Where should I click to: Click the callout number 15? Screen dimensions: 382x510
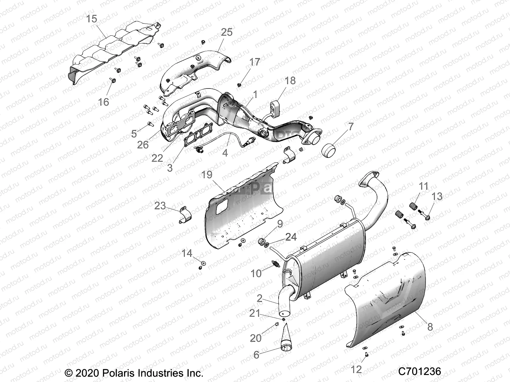coord(91,19)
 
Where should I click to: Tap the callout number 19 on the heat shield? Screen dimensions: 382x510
coord(207,175)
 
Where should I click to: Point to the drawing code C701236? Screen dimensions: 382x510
coord(419,371)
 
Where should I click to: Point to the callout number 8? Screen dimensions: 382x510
coord(430,327)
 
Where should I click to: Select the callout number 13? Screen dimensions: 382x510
coord(437,196)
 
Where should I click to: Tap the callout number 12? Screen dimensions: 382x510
coord(356,369)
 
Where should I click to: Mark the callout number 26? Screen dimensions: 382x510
coord(143,145)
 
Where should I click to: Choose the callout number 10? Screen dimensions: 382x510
coord(256,273)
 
